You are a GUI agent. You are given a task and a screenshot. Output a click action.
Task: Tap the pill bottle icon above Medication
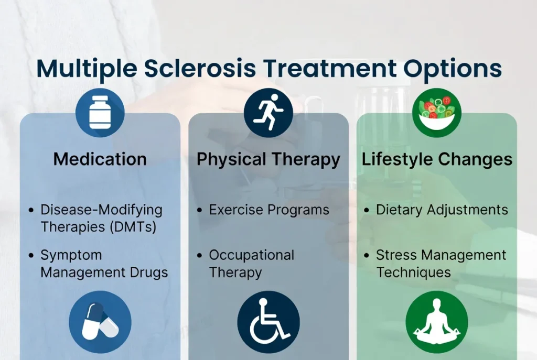tap(100, 113)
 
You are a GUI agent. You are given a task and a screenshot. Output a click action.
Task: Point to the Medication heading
tap(100, 159)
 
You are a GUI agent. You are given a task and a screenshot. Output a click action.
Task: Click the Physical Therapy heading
tap(268, 159)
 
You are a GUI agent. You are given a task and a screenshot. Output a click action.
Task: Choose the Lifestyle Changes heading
tap(437, 159)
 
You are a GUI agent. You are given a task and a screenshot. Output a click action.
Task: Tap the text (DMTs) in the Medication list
tap(136, 227)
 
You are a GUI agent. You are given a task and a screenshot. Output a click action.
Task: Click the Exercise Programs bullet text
tap(269, 210)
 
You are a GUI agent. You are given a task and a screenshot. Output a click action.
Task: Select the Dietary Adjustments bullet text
tap(442, 210)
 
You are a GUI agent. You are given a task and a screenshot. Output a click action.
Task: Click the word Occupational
tap(251, 255)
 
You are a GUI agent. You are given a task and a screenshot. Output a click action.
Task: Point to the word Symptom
tap(71, 256)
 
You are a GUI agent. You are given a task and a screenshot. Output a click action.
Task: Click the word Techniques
tap(413, 272)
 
